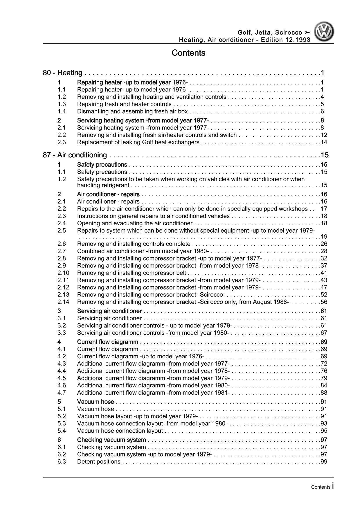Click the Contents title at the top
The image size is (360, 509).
pyautogui.click(x=188, y=53)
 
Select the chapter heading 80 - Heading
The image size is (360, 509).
pyautogui.click(x=62, y=73)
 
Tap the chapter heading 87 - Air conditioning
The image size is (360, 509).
pyautogui.click(x=75, y=155)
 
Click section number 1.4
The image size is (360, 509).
pyautogui.click(x=62, y=111)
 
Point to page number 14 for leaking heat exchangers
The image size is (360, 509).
pyautogui.click(x=324, y=142)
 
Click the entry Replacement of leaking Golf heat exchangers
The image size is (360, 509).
pyautogui.click(x=138, y=142)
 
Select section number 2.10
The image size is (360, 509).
pyautogui.click(x=63, y=273)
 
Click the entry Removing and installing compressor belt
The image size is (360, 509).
pyautogui.click(x=132, y=273)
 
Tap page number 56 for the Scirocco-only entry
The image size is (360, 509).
pyautogui.click(x=324, y=302)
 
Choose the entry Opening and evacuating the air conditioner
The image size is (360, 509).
pyautogui.click(x=135, y=223)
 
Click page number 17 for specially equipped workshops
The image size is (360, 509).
pyautogui.click(x=324, y=209)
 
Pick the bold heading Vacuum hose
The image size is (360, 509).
pyautogui.click(x=96, y=402)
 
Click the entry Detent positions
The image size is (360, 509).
pyautogui.click(x=99, y=462)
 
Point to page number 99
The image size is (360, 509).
pyautogui.click(x=324, y=462)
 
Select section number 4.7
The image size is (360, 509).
pyautogui.click(x=62, y=393)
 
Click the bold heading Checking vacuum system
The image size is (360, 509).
pyautogui.click(x=111, y=440)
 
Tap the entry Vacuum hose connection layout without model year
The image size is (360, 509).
pyautogui.click(x=120, y=431)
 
